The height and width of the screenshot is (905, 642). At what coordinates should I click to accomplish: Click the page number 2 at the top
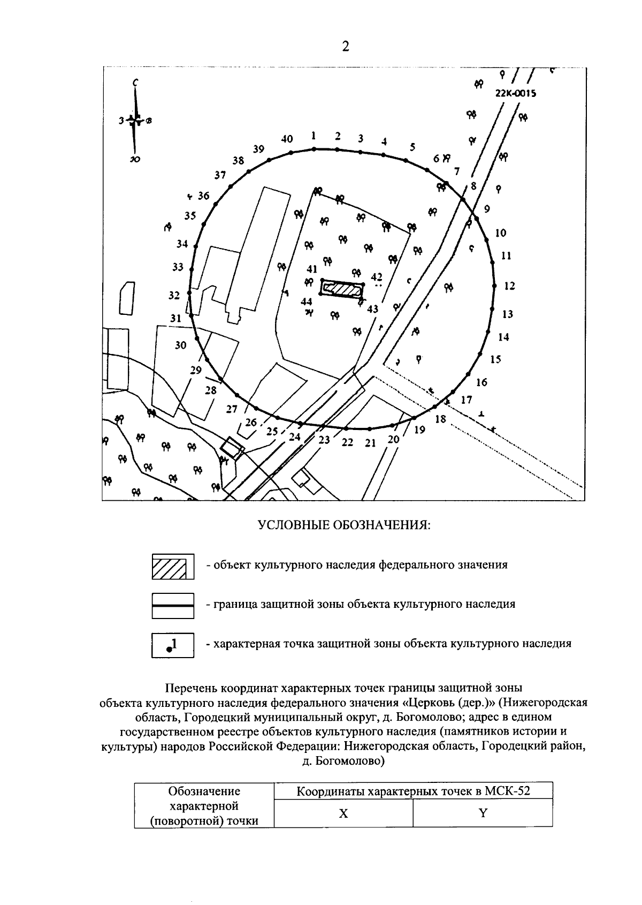coord(345,47)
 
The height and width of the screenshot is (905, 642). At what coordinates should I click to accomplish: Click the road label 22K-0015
coord(516,93)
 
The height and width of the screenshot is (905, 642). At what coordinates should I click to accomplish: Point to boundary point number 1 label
coord(314,135)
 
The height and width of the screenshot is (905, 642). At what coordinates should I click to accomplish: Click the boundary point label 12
coord(509,286)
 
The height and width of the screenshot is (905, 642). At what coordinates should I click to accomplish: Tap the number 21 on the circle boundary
coord(370,443)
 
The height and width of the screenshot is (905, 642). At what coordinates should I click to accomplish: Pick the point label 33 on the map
coord(178,267)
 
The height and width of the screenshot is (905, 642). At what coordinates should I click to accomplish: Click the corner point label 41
coord(312,269)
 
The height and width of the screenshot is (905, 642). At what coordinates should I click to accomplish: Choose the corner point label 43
coord(372,309)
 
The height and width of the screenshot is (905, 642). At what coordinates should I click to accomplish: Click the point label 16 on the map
coord(481,382)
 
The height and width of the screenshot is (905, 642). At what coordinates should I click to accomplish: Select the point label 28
coord(211,390)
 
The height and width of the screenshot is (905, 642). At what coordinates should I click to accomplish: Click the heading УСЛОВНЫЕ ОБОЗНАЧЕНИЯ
coord(345,525)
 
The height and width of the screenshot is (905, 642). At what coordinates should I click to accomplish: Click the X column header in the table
coord(343,813)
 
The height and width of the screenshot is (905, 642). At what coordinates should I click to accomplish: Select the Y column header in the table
coord(483,813)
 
